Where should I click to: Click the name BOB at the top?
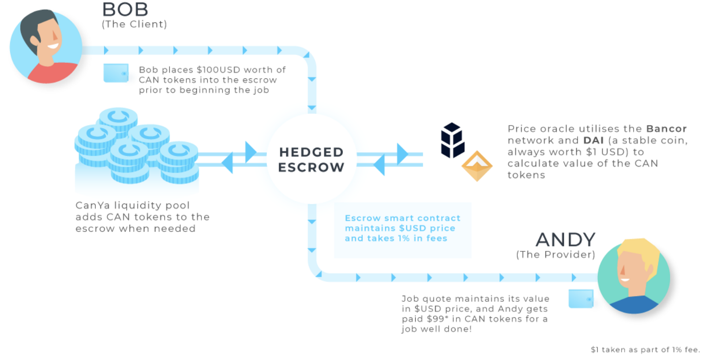click(125, 9)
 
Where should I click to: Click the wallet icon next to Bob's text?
click(116, 73)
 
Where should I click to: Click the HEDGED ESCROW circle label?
click(311, 159)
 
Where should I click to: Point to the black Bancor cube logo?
click(452, 140)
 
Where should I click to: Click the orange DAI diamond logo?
click(477, 166)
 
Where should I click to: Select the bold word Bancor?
click(666, 129)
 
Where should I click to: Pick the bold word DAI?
click(593, 140)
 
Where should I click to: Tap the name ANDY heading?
click(565, 240)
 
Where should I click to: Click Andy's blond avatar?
click(634, 276)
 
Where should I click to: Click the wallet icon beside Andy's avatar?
click(581, 299)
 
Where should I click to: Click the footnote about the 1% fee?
click(645, 350)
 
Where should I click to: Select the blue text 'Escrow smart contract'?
click(402, 218)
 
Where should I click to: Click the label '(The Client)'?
click(134, 24)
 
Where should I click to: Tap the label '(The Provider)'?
click(556, 255)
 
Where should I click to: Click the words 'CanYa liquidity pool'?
click(132, 206)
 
